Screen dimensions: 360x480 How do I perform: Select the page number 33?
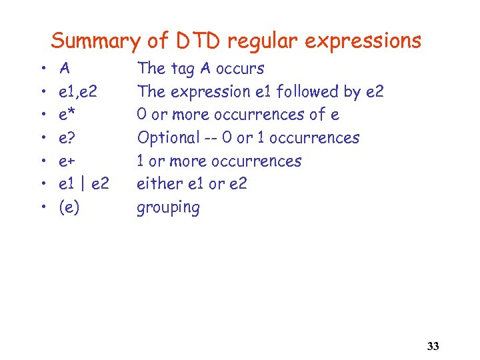tap(433, 346)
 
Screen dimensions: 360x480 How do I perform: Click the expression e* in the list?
tap(67, 115)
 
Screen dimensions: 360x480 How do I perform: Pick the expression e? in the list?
tap(67, 138)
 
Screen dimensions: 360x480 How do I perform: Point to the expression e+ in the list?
tap(67, 161)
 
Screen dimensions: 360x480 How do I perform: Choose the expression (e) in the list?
tap(69, 207)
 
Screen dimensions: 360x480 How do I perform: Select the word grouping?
tap(168, 208)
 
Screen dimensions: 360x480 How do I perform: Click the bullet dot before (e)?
tap(42, 208)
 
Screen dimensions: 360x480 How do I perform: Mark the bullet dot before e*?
tap(42, 115)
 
